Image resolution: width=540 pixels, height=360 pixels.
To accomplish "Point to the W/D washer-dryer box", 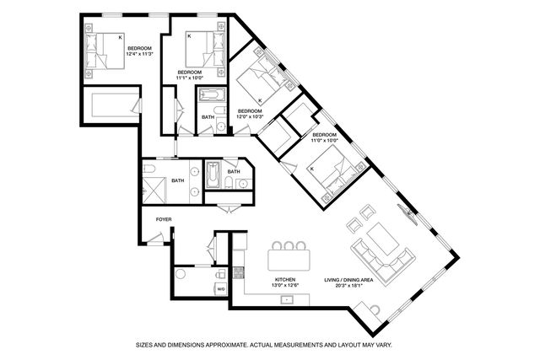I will pos(221,288).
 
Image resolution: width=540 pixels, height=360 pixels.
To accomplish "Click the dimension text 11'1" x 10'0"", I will pos(191,78).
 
